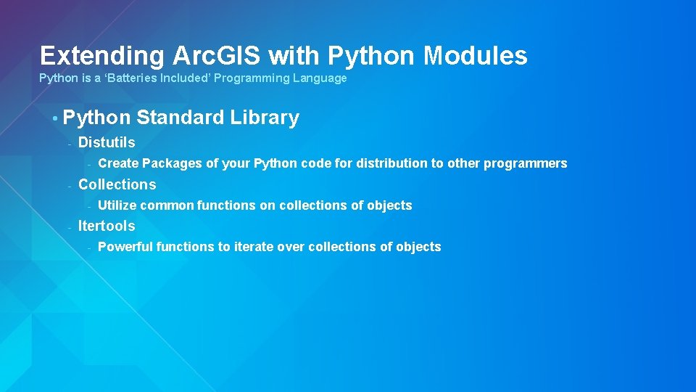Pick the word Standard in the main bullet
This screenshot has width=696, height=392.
click(x=181, y=118)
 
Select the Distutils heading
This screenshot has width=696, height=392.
click(x=107, y=143)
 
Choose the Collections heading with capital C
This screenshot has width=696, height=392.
click(x=117, y=184)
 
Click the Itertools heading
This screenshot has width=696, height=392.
click(x=107, y=226)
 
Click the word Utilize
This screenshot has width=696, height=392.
click(x=117, y=205)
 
